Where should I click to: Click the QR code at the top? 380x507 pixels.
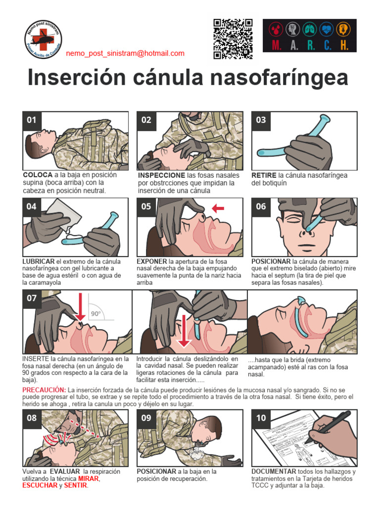tap(233, 39)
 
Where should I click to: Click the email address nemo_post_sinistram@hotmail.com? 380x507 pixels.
tap(125, 53)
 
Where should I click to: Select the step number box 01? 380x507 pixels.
tap(32, 120)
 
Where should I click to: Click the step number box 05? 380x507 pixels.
tap(146, 207)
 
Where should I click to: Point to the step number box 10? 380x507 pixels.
tap(261, 418)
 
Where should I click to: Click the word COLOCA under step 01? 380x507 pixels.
tap(38, 175)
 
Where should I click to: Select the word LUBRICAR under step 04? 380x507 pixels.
tap(39, 261)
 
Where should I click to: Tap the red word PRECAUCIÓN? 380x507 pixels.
tap(44, 390)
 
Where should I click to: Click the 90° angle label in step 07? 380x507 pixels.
tap(95, 313)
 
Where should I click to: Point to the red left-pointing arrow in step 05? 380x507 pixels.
tap(217, 208)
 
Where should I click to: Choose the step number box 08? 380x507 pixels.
tap(32, 418)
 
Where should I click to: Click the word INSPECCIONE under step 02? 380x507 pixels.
tap(162, 175)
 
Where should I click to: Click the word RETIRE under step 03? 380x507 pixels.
tap(264, 175)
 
